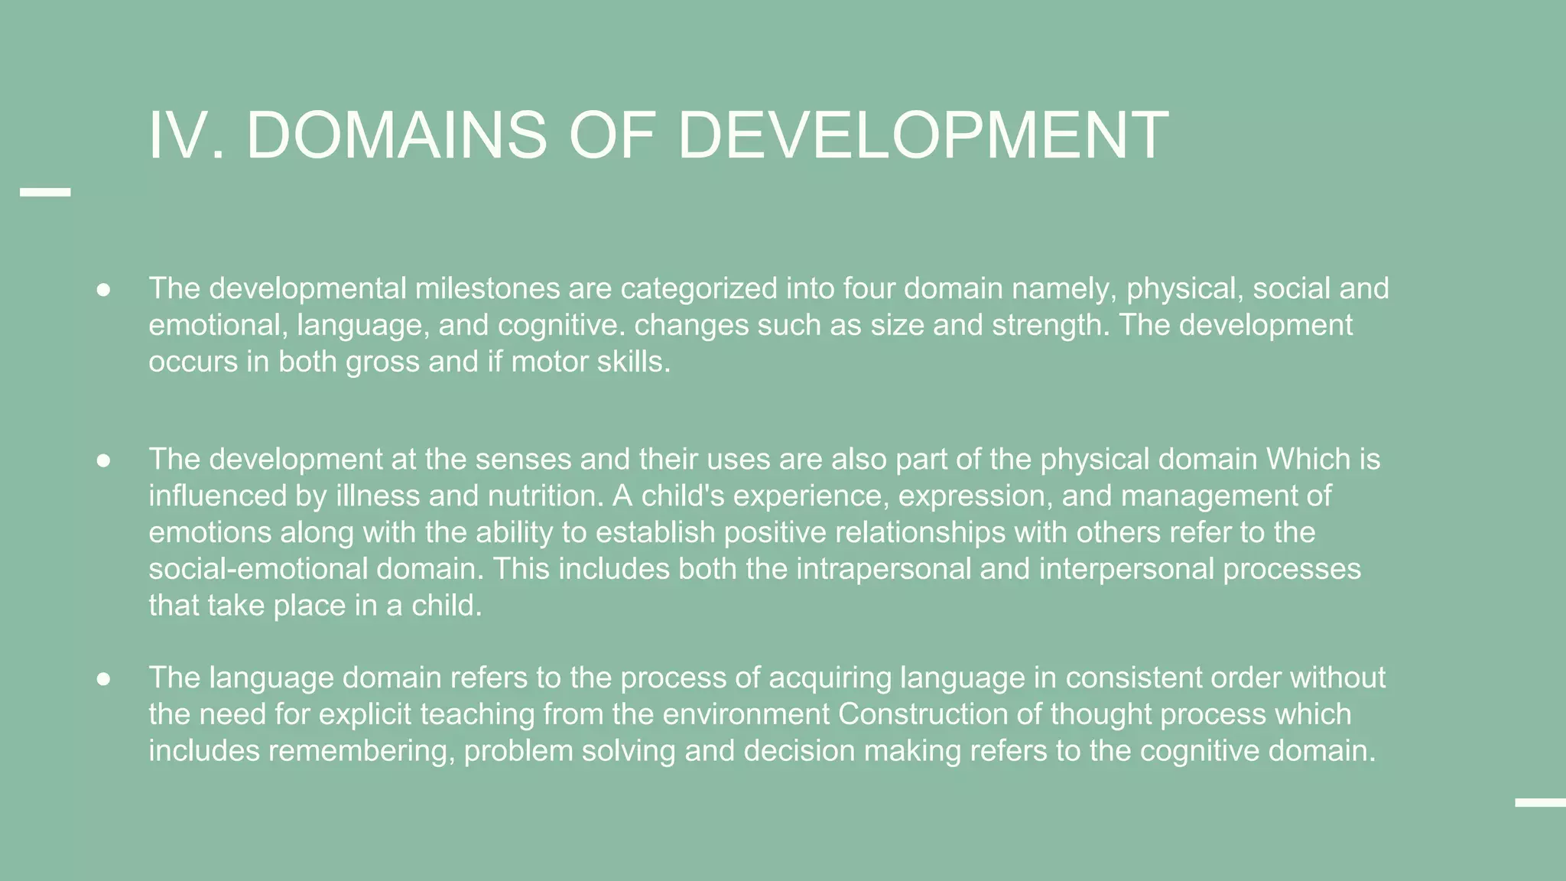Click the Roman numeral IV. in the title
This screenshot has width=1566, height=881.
pos(186,135)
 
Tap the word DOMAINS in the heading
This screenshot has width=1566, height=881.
pos(396,135)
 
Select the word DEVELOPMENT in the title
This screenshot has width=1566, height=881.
pos(922,135)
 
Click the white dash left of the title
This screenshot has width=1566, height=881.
pos(45,193)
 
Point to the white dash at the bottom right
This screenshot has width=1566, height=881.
pos(1540,802)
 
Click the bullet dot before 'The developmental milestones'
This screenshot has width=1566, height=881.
pos(104,290)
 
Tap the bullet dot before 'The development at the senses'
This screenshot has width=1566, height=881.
pos(104,460)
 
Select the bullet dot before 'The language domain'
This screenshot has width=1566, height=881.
pos(104,679)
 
